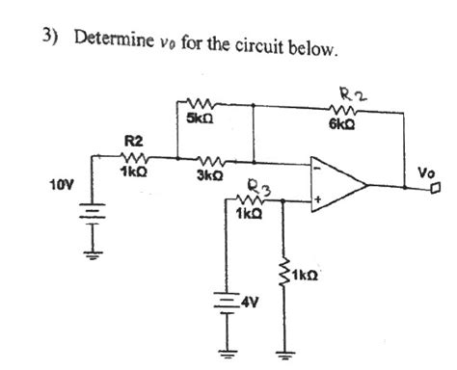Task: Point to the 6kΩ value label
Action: [340, 123]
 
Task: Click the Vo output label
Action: [426, 172]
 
